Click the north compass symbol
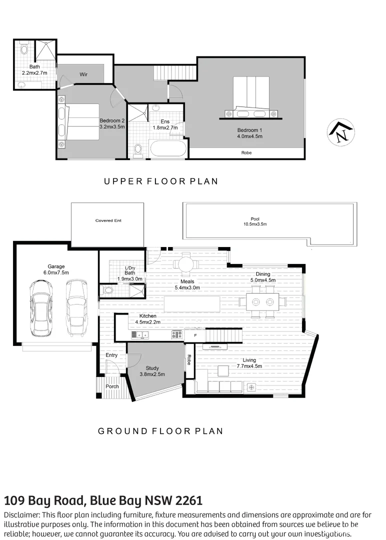(341, 133)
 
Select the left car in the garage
(40, 307)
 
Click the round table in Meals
(185, 263)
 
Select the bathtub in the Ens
(168, 148)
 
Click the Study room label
(152, 368)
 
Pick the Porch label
(112, 386)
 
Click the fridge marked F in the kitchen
(195, 334)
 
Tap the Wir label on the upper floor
(83, 74)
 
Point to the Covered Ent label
(108, 220)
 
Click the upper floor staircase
(173, 73)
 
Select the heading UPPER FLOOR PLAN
(161, 181)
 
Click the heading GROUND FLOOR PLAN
(160, 431)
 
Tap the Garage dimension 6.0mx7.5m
(56, 272)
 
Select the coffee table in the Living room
(222, 370)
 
